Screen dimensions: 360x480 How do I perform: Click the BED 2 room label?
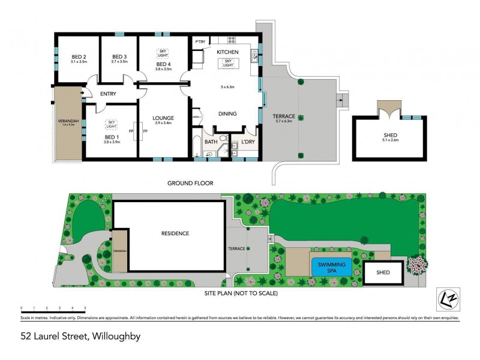79,56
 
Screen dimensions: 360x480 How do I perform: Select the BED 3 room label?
120,56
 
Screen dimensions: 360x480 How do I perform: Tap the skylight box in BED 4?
163,53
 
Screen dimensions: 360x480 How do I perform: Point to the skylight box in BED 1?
111,124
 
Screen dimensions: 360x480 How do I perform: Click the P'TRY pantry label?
200,41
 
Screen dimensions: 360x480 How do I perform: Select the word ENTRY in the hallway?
108,94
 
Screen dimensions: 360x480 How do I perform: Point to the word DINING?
227,113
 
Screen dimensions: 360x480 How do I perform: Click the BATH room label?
211,142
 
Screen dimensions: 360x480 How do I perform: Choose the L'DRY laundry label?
247,142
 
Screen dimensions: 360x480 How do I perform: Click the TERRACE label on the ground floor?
284,115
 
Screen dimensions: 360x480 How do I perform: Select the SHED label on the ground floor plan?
390,135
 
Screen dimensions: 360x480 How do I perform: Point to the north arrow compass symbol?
446,298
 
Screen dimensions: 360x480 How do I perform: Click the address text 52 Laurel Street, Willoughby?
80,337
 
